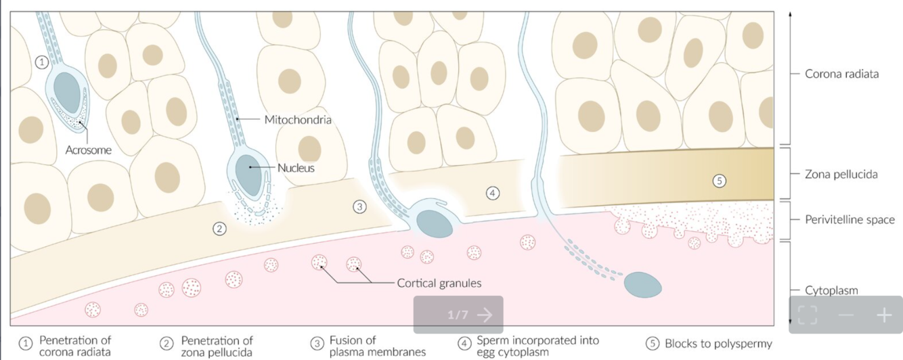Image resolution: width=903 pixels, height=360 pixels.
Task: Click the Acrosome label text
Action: tap(88, 150)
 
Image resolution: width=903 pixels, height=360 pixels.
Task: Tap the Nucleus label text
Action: tap(296, 168)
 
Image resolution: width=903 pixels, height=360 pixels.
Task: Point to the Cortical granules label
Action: tap(439, 283)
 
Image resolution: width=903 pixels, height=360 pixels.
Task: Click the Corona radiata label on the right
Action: tap(841, 74)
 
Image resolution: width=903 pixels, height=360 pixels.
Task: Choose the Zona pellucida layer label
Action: tap(841, 174)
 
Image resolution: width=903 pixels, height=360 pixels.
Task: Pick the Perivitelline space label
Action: tap(850, 220)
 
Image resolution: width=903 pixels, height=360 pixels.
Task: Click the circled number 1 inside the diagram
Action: tap(42, 62)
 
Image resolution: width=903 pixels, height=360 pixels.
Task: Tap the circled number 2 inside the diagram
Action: tap(219, 229)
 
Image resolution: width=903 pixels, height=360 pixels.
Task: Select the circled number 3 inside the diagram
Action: tap(359, 206)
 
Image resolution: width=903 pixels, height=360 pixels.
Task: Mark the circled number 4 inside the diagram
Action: tap(493, 194)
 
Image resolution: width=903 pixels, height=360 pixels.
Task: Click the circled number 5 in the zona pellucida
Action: tap(720, 180)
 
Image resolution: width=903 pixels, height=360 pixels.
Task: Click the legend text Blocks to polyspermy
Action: tap(718, 344)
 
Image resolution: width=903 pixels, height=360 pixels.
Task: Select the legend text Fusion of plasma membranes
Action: tap(377, 346)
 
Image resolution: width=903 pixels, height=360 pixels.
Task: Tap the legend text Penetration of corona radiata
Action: tap(75, 346)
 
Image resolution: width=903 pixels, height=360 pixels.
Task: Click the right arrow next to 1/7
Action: tap(484, 315)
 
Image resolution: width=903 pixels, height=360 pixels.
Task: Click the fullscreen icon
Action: tap(808, 315)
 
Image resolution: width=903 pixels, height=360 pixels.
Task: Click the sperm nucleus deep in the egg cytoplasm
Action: tap(642, 285)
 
